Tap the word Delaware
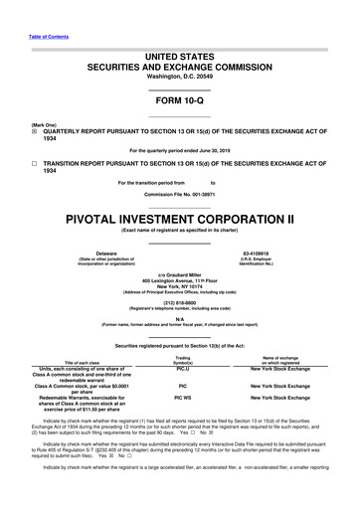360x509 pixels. [105, 253]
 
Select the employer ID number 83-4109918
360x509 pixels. [256, 253]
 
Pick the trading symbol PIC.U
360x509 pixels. [183, 368]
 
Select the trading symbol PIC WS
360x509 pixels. [183, 396]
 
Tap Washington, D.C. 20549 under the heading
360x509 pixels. [180, 76]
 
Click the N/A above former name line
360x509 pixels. [180, 319]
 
